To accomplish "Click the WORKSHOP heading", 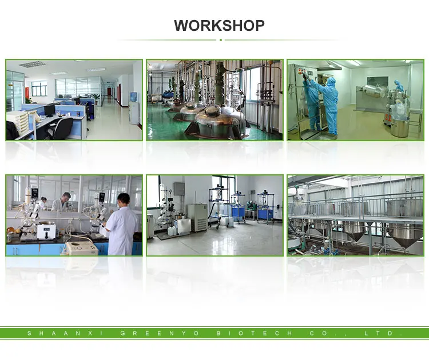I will pos(219,26).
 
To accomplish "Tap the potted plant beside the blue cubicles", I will pos(97,98).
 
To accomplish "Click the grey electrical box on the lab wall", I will pos(179,189).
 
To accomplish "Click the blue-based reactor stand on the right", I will pos(264,209).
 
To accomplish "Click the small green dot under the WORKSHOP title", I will pos(221,40).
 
